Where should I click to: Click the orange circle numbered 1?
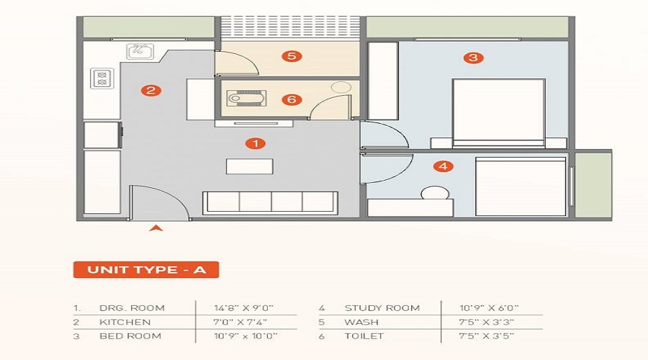255,143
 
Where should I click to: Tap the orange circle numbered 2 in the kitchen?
150,91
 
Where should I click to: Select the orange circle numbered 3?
472,58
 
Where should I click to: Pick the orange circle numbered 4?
444,166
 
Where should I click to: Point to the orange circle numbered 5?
291,56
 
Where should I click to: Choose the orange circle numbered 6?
291,99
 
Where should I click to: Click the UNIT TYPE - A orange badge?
145,270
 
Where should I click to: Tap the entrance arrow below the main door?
156,229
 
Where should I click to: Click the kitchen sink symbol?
139,51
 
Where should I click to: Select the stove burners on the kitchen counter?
102,78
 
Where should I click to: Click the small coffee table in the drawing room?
249,166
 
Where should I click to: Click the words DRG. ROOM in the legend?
132,308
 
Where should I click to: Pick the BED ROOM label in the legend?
131,336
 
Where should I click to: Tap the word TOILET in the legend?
364,336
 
